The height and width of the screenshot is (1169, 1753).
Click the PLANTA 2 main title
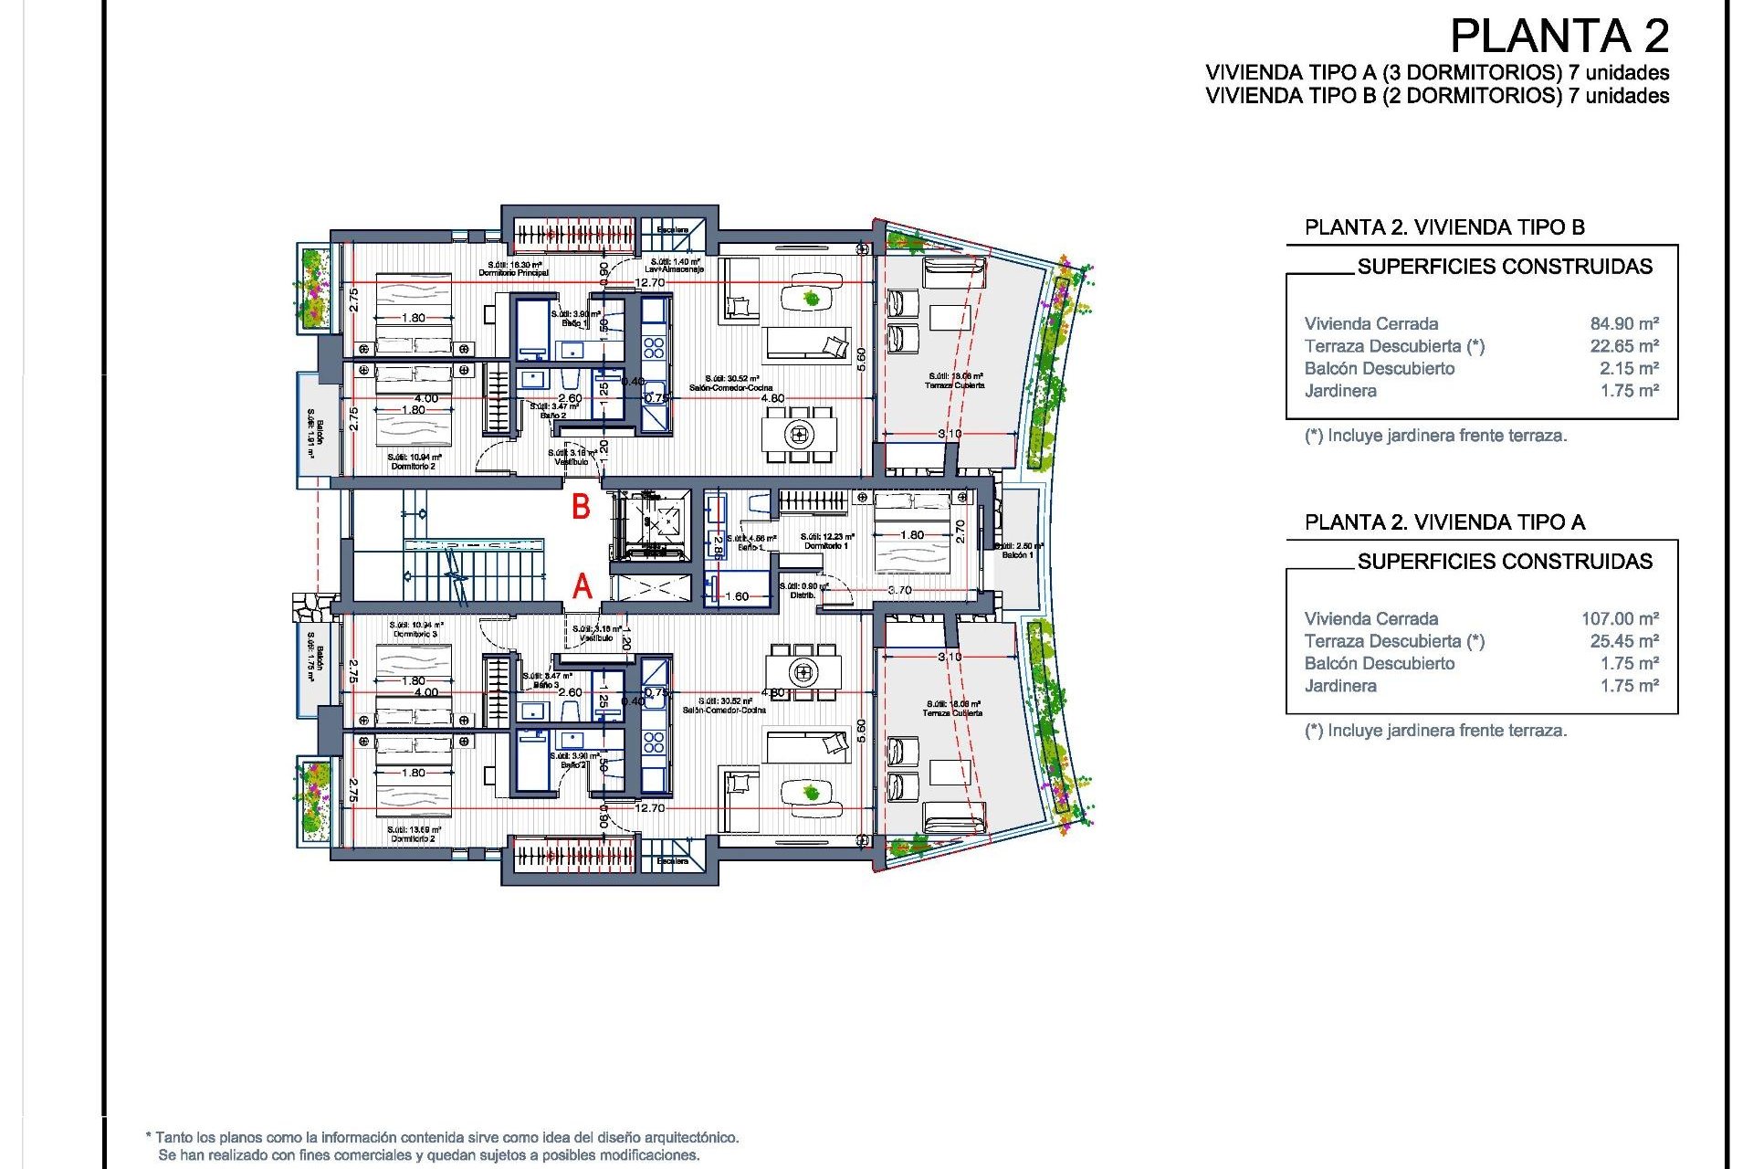tap(1559, 37)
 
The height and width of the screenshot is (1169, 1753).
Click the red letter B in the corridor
tap(581, 507)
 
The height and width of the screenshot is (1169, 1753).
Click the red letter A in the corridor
tap(582, 586)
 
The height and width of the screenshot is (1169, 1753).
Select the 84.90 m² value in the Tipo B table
tap(1623, 323)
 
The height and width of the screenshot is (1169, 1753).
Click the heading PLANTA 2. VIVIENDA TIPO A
tap(1444, 522)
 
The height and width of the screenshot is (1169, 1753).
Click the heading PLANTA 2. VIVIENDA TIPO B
tap(1444, 227)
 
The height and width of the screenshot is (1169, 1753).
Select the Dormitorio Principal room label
tap(513, 272)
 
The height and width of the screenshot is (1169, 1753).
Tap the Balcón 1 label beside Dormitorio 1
tap(1018, 554)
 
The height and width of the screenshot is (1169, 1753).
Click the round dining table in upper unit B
tap(799, 434)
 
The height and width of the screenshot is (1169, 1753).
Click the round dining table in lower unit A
tap(803, 673)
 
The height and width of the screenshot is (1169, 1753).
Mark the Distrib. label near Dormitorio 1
tap(803, 595)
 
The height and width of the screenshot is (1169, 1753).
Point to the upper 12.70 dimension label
tap(649, 283)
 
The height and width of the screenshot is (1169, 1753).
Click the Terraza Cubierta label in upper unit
tap(955, 385)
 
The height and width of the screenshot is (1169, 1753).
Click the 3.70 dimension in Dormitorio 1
tap(899, 590)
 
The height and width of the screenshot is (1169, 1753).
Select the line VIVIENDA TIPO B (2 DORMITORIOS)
tap(1436, 96)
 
